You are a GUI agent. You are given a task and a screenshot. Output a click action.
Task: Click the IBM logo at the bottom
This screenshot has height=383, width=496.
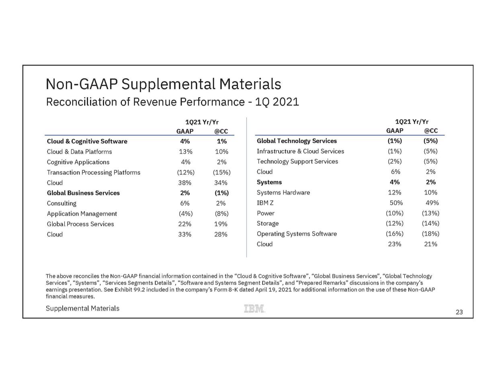pyautogui.click(x=254, y=308)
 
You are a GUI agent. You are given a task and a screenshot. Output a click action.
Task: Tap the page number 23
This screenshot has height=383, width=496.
pyautogui.click(x=459, y=312)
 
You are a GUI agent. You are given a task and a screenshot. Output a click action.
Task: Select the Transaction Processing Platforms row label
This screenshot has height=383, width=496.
pyautogui.click(x=94, y=172)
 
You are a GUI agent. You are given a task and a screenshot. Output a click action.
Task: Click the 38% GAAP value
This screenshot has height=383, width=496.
pyautogui.click(x=184, y=183)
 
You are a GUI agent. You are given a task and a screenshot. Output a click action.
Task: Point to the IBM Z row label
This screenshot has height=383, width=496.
pyautogui.click(x=265, y=203)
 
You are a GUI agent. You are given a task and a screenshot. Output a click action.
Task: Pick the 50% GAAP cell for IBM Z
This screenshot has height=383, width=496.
pyautogui.click(x=396, y=203)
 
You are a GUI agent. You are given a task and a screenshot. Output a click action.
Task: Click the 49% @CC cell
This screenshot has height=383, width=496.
pyautogui.click(x=432, y=203)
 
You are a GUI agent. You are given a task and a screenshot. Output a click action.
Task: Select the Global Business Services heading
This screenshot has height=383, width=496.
pyautogui.click(x=83, y=193)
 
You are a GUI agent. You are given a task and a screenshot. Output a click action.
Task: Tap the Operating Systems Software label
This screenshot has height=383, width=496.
pyautogui.click(x=297, y=234)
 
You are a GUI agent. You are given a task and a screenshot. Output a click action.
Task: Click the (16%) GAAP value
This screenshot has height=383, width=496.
pyautogui.click(x=395, y=234)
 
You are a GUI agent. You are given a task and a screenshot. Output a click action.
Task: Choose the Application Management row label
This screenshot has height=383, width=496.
pyautogui.click(x=82, y=214)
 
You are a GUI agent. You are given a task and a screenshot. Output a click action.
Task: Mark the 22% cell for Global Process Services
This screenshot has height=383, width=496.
pyautogui.click(x=184, y=224)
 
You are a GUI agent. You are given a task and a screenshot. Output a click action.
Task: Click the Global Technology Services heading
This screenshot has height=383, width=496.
pyautogui.click(x=297, y=141)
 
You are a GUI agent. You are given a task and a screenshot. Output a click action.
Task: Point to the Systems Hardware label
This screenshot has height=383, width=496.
pyautogui.click(x=283, y=193)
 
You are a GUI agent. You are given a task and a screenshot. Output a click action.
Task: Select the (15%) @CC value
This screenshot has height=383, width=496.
pyautogui.click(x=221, y=172)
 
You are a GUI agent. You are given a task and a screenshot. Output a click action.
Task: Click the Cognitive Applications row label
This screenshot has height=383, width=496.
pyautogui.click(x=78, y=162)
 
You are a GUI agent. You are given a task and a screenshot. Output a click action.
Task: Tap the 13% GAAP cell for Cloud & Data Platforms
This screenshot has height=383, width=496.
pyautogui.click(x=186, y=152)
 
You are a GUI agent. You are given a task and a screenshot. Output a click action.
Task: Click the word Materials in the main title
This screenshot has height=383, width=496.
pyautogui.click(x=250, y=84)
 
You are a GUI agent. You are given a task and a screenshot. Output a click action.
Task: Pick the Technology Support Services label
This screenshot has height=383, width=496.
pyautogui.click(x=297, y=162)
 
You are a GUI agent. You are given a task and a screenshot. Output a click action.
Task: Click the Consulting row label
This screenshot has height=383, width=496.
pyautogui.click(x=61, y=203)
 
